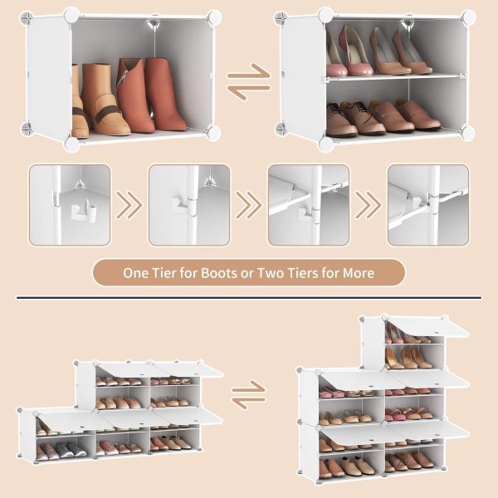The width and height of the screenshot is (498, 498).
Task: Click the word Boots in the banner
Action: pyautogui.click(x=219, y=273)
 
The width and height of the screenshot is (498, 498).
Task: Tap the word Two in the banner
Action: pyautogui.click(x=269, y=273)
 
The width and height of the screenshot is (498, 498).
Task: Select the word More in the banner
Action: pyautogui.click(x=359, y=273)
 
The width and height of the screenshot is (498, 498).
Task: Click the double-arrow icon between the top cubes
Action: pyautogui.click(x=249, y=81)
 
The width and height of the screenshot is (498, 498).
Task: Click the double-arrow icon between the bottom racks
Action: pyautogui.click(x=249, y=394)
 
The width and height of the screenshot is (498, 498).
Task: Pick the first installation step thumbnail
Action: pyautogui.click(x=70, y=205)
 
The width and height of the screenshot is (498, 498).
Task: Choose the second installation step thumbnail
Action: pyautogui.click(x=189, y=205)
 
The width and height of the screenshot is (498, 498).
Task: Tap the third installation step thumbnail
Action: pyautogui.click(x=309, y=205)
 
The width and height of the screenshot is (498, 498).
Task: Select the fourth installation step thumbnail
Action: pyautogui.click(x=428, y=205)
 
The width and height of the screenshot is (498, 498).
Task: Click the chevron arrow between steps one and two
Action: pyautogui.click(x=129, y=205)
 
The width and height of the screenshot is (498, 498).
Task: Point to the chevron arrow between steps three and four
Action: pyautogui.click(x=369, y=205)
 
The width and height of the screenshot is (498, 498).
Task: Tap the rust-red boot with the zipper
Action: pyautogui.click(x=135, y=95)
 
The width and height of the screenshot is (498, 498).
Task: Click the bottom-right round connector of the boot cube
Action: pyautogui.click(x=213, y=132)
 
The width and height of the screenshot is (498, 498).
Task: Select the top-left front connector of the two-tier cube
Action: pyautogui.click(x=325, y=15)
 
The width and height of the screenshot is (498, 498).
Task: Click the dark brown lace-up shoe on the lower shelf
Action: pyautogui.click(x=341, y=119)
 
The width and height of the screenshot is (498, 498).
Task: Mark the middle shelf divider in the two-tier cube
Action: pyautogui.click(x=393, y=77)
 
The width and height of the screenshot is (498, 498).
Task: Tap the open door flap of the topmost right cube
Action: pyautogui.click(x=428, y=328)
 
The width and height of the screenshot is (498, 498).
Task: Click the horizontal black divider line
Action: pyautogui.click(x=249, y=298)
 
